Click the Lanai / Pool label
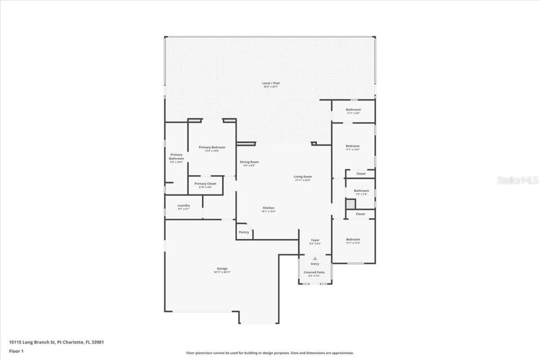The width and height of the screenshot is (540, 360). tap(271, 84)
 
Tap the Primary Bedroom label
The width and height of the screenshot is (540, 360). tap(212, 147)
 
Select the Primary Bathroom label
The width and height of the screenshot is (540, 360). tap(176, 157)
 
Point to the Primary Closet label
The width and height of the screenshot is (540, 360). tap(205, 184)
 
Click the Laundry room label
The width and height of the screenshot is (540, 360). tap(184, 206)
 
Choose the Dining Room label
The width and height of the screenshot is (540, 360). tap(249, 162)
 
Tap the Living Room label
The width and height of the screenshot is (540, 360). tap(302, 177)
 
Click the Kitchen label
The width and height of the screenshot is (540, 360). tap(269, 208)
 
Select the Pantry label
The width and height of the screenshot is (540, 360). tap(244, 232)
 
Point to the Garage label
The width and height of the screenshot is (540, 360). tap(222, 269)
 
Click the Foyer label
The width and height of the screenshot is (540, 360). tap(315, 240)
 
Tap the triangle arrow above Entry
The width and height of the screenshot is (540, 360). tap(315, 258)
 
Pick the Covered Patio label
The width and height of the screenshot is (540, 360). tap(314, 273)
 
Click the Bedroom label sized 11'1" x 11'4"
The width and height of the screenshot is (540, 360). tap(353, 239)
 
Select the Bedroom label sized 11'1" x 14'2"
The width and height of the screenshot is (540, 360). tap(353, 146)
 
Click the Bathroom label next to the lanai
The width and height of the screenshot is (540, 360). tap(353, 110)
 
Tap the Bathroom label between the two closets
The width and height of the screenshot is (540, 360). tap(361, 191)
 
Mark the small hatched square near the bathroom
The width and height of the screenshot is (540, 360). tap(351, 204)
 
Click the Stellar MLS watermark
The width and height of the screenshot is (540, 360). tap(518, 180)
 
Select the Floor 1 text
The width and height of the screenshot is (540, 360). tap(16, 351)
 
